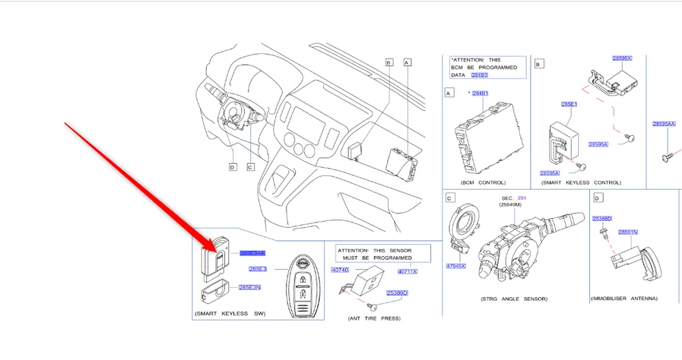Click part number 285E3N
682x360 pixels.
(250, 287)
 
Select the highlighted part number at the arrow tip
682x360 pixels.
(252, 253)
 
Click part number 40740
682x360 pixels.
(340, 271)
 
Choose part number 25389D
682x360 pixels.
(397, 293)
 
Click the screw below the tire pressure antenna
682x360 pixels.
(369, 306)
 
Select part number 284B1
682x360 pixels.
(480, 93)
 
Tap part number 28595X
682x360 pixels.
(621, 59)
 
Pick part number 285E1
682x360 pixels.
(569, 104)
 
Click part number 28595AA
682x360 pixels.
(664, 124)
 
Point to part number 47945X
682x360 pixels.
(456, 265)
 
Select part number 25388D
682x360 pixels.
(602, 219)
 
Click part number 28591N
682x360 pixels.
(627, 232)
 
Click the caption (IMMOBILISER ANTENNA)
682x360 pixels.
(623, 299)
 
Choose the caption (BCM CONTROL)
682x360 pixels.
(483, 183)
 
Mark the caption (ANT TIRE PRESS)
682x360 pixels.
(374, 318)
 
